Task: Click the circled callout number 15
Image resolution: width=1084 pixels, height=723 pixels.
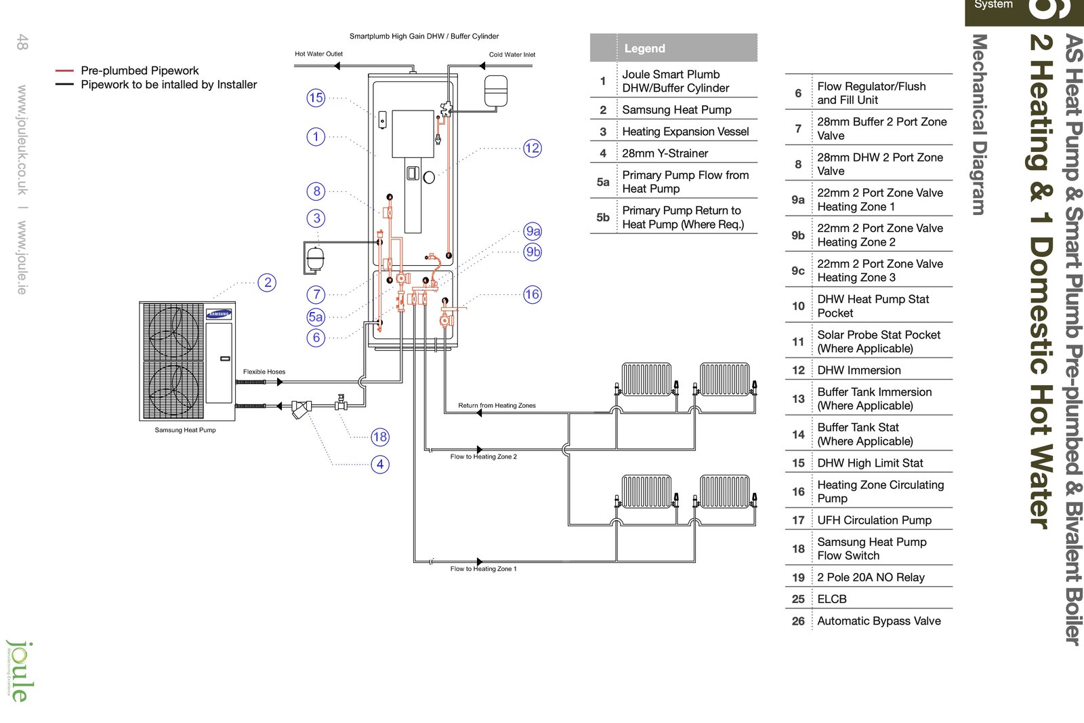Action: pyautogui.click(x=316, y=98)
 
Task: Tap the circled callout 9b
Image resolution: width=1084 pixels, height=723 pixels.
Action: pyautogui.click(x=533, y=252)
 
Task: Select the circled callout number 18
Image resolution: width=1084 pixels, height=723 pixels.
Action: pyautogui.click(x=380, y=437)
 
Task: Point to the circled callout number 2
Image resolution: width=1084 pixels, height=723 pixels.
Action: pyautogui.click(x=268, y=283)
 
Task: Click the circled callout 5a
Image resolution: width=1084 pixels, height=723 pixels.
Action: pyautogui.click(x=316, y=317)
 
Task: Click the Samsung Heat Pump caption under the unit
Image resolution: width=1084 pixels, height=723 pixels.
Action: pyautogui.click(x=185, y=430)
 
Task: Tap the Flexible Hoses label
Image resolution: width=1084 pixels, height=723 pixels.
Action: pyautogui.click(x=264, y=372)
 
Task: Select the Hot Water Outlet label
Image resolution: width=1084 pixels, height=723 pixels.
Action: pyautogui.click(x=318, y=54)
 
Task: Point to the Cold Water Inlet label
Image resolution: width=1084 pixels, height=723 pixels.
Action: pyautogui.click(x=512, y=55)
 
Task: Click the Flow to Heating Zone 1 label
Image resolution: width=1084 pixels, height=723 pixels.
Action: pyautogui.click(x=483, y=569)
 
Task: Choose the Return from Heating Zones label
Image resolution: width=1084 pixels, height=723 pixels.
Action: pyautogui.click(x=497, y=406)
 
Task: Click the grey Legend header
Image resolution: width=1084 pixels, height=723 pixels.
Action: pyautogui.click(x=673, y=48)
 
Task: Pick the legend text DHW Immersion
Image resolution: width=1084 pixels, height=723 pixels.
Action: pyautogui.click(x=859, y=370)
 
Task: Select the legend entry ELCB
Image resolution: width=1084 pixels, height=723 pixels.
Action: pyautogui.click(x=832, y=600)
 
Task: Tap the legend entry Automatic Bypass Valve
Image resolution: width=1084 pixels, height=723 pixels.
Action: pyautogui.click(x=879, y=621)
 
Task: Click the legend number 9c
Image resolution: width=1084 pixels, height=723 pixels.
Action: pyautogui.click(x=798, y=271)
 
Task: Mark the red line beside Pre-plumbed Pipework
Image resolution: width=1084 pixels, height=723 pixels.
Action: pyautogui.click(x=64, y=71)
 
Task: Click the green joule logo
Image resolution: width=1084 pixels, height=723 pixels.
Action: pyautogui.click(x=19, y=671)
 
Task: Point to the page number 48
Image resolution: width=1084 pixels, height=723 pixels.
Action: pyautogui.click(x=22, y=42)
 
